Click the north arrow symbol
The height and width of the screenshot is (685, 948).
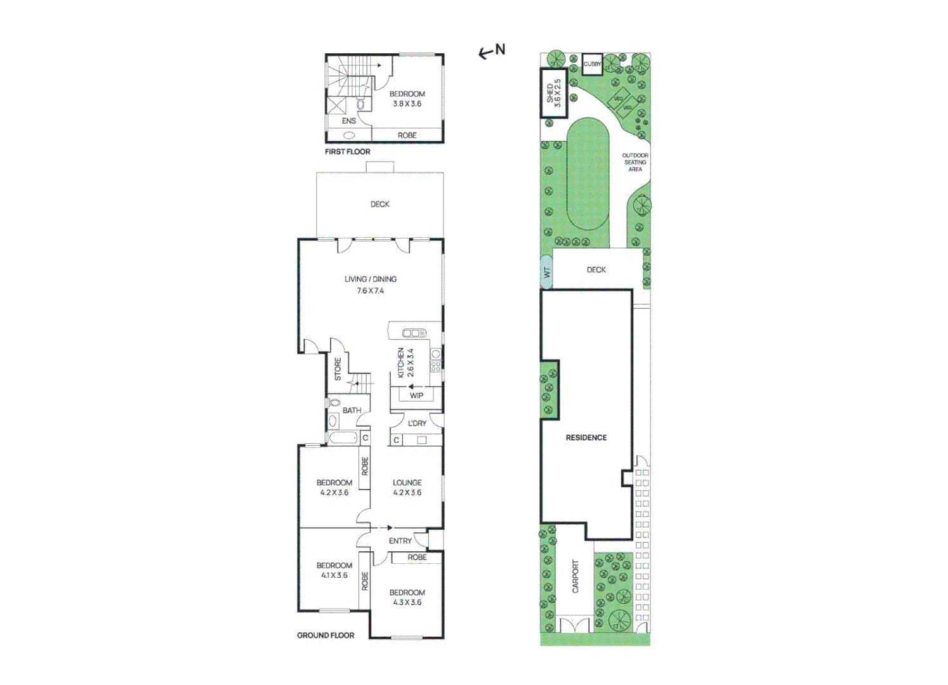coord(491,51)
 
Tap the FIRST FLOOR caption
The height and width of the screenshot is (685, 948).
coord(347,152)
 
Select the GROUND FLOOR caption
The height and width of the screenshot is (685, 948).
coord(326,635)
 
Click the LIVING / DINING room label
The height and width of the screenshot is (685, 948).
coord(371,279)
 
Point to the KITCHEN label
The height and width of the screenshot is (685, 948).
coord(401,363)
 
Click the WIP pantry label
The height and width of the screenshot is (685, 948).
coord(416,395)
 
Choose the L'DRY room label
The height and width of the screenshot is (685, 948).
coord(417,423)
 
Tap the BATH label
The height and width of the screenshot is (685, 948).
coord(352,410)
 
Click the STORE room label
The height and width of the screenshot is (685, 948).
coord(338,369)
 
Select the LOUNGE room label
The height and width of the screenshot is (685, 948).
coord(407,483)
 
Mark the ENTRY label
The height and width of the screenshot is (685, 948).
coord(400,541)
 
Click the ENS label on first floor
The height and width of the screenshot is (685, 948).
coord(349,121)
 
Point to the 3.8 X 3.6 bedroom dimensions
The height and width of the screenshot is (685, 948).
coord(407,104)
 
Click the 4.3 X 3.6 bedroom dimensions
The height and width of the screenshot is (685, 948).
coord(407,603)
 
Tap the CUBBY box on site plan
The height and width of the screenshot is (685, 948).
coord(592,64)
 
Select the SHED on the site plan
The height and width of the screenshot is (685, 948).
coord(553,93)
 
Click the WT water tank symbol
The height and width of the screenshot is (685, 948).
coord(546,272)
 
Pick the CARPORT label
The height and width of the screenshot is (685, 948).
coord(576,577)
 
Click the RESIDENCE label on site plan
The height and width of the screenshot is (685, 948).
coord(586,438)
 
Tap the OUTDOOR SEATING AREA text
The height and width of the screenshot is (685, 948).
coord(635,162)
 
